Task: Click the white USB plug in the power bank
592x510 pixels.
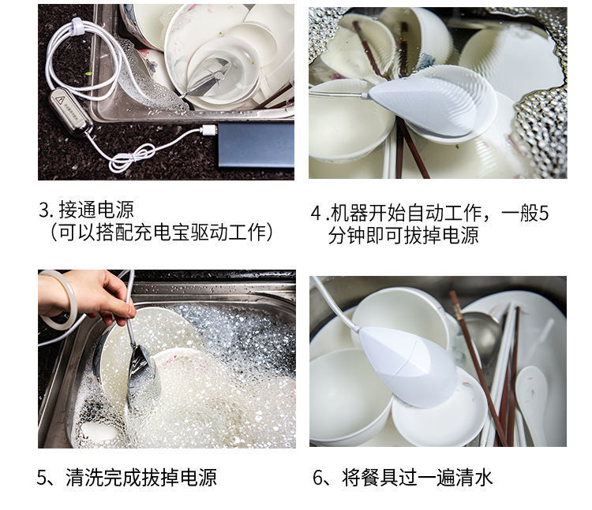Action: tap(208, 128)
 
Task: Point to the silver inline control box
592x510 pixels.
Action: tap(68, 111)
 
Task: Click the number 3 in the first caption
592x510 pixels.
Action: tap(44, 210)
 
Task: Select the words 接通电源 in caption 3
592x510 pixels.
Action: tap(96, 210)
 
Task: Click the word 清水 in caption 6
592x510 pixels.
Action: tap(474, 477)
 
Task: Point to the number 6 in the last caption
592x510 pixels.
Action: tap(320, 477)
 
